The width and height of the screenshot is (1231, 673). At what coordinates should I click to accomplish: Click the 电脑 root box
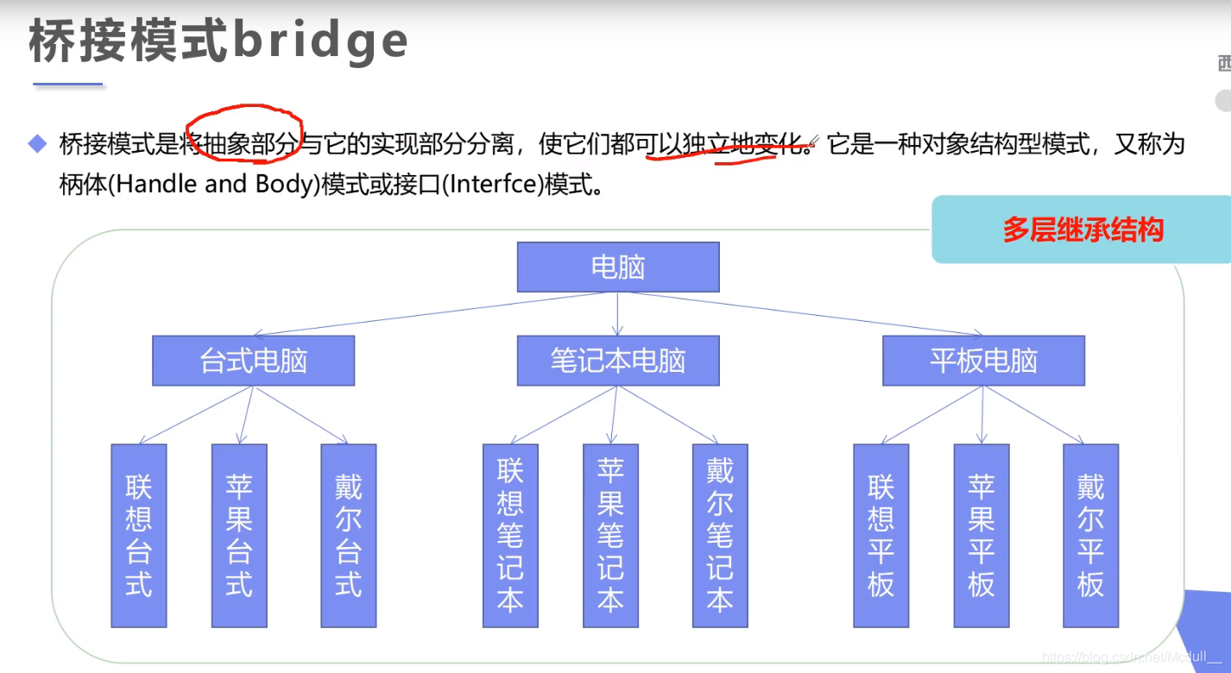tap(617, 267)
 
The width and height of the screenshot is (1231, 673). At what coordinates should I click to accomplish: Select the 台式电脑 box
tap(253, 361)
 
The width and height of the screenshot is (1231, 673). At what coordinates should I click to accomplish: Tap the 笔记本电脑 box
tap(617, 361)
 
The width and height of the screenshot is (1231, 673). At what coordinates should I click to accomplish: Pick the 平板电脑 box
tap(983, 361)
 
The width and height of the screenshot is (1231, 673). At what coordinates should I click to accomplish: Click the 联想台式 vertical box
tap(138, 535)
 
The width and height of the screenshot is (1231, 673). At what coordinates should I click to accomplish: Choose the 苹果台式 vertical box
tap(239, 535)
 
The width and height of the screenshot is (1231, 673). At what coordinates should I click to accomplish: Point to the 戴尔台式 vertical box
tap(348, 535)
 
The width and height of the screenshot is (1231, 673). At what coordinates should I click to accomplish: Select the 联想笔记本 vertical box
tap(510, 535)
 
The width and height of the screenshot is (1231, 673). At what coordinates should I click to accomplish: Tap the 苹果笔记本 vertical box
tap(610, 535)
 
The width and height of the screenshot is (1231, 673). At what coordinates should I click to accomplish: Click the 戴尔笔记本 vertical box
tap(720, 535)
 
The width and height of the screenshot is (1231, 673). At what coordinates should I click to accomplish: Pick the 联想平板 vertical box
tap(881, 535)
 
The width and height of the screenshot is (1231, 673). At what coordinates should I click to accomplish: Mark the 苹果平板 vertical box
tap(982, 535)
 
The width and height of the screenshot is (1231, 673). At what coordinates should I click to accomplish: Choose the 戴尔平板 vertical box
tap(1090, 535)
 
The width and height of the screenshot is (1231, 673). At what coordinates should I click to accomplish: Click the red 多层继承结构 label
tap(1083, 230)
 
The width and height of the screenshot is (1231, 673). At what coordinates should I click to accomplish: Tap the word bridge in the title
tap(321, 41)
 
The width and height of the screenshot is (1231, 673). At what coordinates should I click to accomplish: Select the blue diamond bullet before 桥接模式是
tap(37, 143)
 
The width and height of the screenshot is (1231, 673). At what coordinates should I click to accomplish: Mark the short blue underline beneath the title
tap(67, 85)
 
